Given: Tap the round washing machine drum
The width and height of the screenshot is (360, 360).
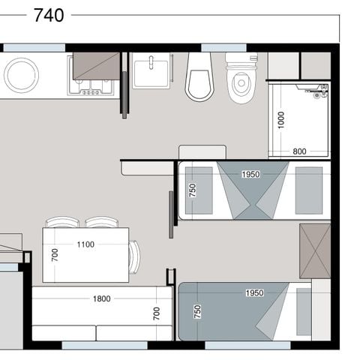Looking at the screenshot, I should [21, 74].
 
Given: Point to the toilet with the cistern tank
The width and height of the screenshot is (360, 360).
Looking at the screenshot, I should [241, 78].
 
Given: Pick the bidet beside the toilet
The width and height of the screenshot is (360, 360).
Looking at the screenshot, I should [199, 77].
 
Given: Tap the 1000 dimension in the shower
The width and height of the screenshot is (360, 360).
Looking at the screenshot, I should [281, 121].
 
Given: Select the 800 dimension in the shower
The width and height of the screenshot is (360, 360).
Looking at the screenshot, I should [299, 151].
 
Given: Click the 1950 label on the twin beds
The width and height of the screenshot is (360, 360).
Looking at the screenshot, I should [250, 175].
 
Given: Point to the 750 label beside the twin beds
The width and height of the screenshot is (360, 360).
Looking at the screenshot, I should [192, 191].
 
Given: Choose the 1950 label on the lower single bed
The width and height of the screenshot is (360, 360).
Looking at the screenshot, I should [254, 292].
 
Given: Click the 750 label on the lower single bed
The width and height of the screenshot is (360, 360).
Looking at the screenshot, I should [198, 312].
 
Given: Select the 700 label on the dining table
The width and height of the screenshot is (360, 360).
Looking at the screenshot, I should [55, 255].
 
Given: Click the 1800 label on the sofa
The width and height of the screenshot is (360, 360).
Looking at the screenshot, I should [101, 298].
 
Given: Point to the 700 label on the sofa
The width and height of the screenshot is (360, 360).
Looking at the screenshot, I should [156, 313].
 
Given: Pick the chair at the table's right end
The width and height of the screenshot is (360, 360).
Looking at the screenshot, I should [134, 256].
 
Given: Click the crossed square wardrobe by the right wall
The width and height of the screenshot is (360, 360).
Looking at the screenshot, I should [315, 250].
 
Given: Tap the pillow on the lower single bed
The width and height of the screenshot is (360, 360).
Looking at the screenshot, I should [303, 312].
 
